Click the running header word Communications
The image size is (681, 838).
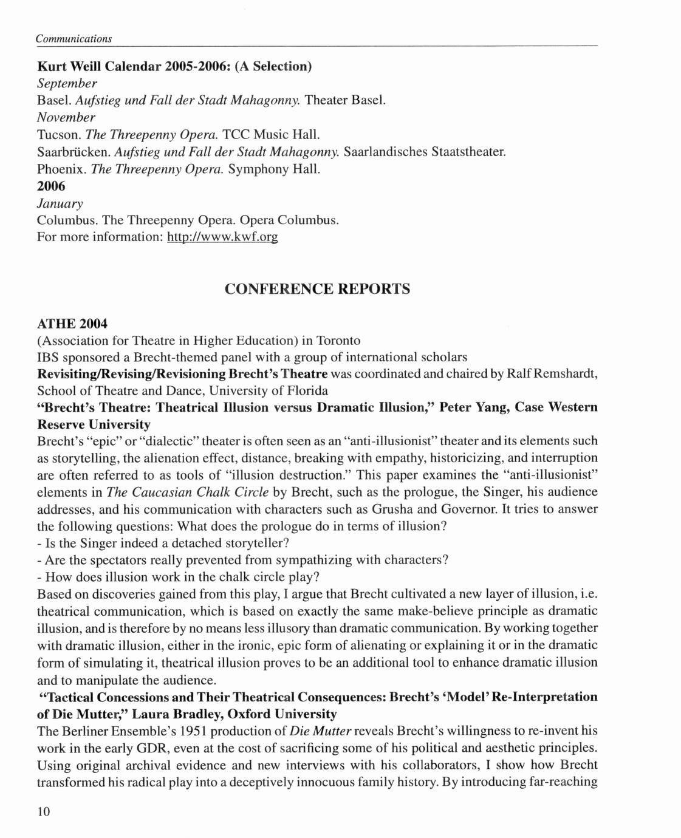(x=74, y=38)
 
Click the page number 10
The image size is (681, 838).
(x=44, y=812)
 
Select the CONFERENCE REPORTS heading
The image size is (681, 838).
(x=317, y=288)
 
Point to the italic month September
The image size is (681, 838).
(x=67, y=82)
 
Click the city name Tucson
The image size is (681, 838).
(x=58, y=133)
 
